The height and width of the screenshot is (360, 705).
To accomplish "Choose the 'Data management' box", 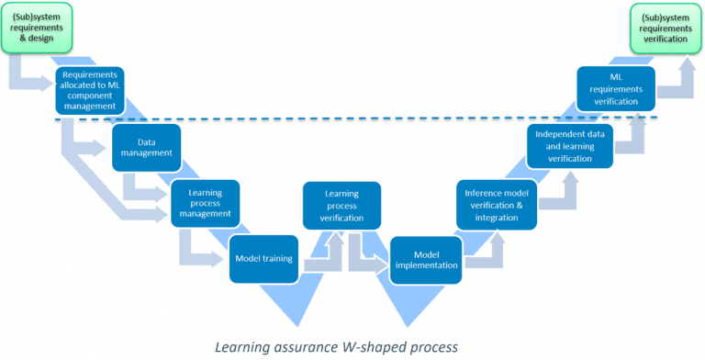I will point(146,148).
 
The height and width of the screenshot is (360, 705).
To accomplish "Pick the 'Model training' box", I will point(264,258).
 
